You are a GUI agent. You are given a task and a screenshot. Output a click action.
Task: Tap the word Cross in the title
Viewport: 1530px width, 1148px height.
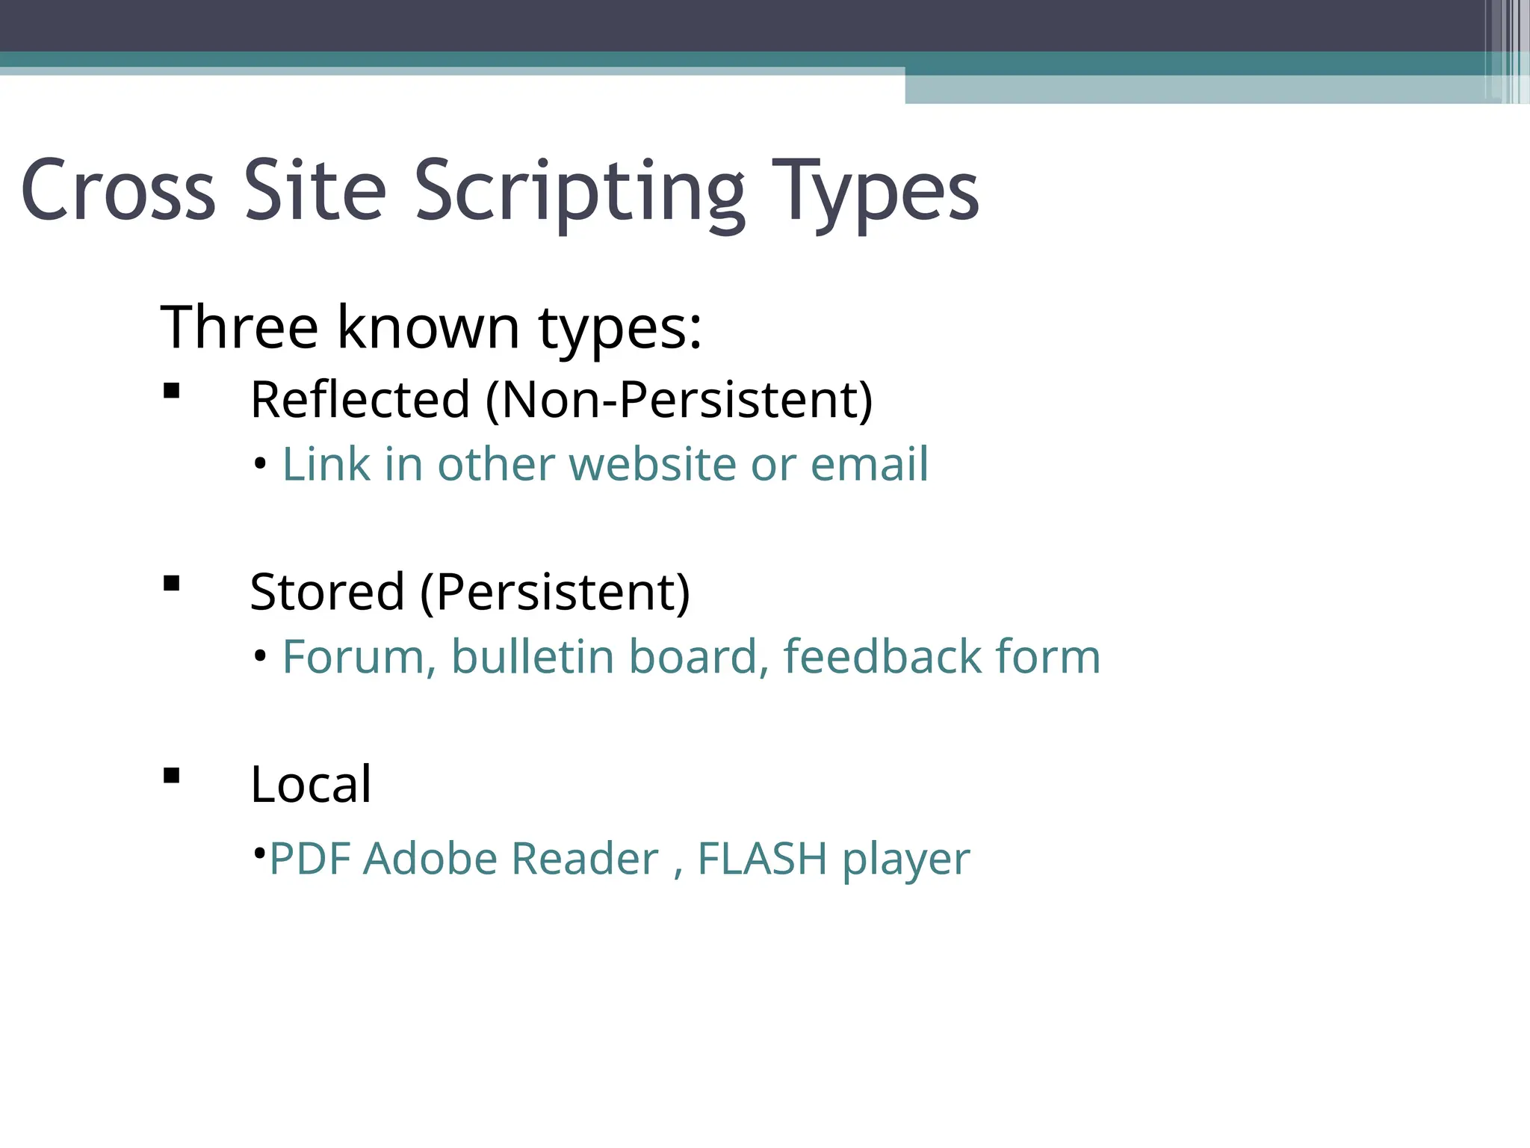pyautogui.click(x=118, y=191)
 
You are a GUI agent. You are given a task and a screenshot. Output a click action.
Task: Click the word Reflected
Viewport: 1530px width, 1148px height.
pyautogui.click(x=359, y=399)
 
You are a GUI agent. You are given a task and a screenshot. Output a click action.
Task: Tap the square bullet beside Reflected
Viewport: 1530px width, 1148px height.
pyautogui.click(x=172, y=391)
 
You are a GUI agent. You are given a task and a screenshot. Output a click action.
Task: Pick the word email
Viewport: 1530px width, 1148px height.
pyautogui.click(x=869, y=464)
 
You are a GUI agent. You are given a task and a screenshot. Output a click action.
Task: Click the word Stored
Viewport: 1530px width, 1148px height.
pyautogui.click(x=327, y=591)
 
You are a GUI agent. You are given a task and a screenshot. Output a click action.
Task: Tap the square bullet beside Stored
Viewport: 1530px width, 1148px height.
pyautogui.click(x=172, y=583)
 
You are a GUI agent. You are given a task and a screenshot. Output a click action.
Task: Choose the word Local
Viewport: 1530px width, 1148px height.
pyautogui.click(x=311, y=784)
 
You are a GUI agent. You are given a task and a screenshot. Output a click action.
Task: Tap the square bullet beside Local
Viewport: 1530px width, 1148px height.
pyautogui.click(x=172, y=776)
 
